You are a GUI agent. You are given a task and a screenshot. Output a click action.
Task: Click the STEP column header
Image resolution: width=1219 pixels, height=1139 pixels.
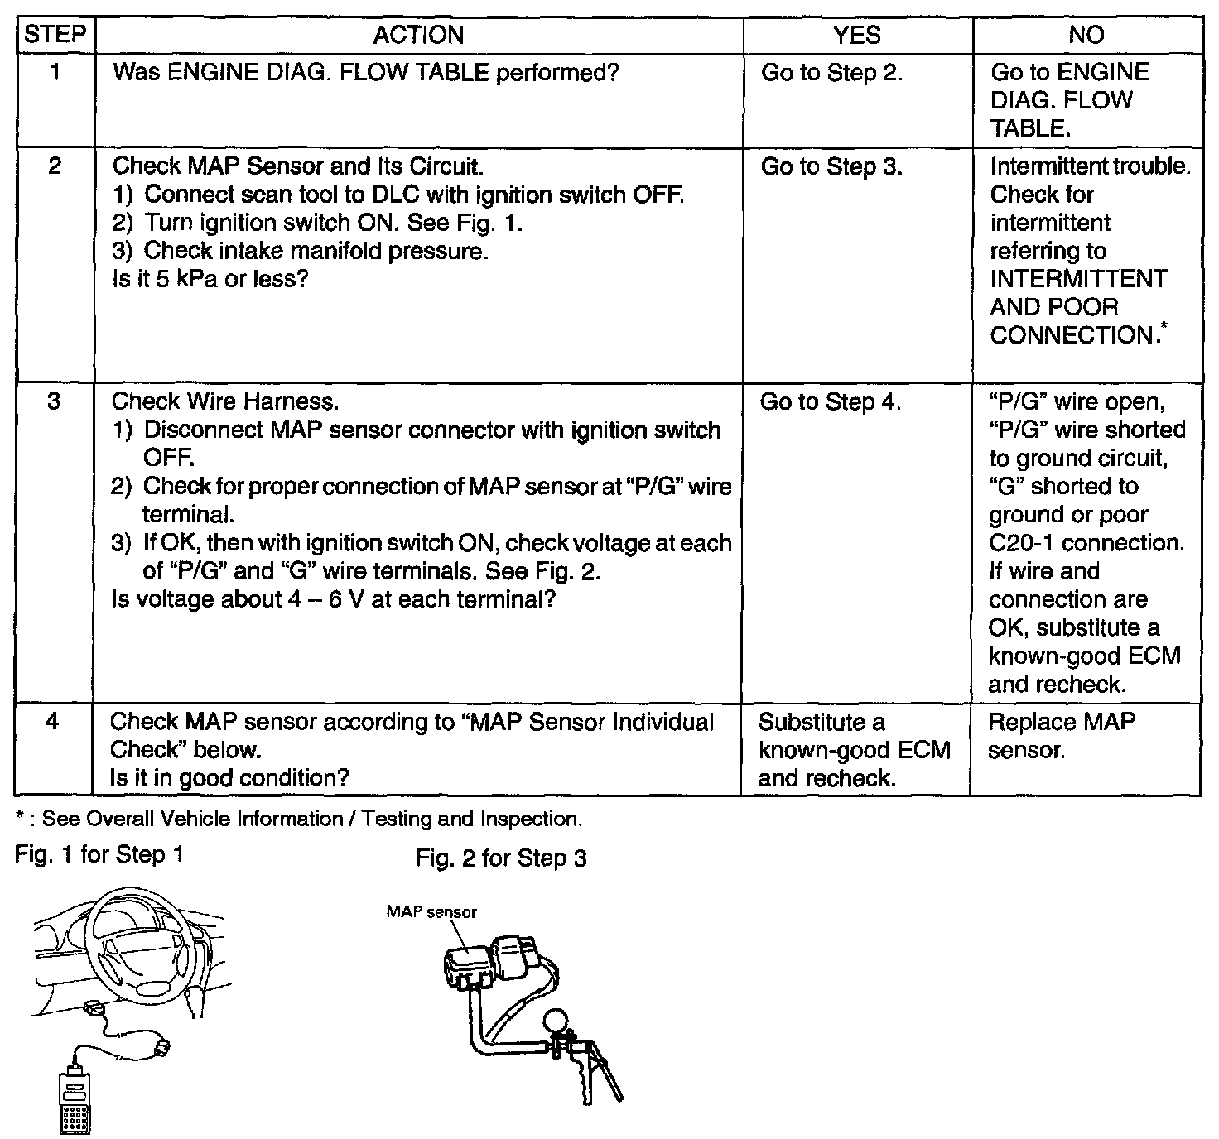[55, 35]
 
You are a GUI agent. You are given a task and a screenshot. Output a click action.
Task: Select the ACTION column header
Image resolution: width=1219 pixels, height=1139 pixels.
[418, 35]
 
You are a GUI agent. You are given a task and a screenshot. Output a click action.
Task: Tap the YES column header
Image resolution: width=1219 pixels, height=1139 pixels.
[856, 35]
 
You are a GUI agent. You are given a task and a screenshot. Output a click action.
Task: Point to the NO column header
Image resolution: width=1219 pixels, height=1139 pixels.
[1086, 35]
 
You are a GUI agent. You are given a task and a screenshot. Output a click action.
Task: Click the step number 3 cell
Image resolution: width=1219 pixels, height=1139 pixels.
[54, 401]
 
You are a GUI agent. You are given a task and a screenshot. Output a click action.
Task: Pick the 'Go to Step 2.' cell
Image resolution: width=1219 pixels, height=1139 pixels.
[831, 73]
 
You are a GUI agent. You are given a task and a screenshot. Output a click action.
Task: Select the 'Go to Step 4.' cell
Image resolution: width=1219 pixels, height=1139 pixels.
[830, 402]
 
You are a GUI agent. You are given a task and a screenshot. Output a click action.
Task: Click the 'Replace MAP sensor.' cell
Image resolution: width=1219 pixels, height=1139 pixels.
[1061, 736]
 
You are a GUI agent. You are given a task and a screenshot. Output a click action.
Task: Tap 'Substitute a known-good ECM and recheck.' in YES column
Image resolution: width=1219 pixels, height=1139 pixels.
[853, 750]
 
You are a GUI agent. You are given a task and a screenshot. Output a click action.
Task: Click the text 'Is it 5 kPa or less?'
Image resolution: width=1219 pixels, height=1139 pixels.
[210, 279]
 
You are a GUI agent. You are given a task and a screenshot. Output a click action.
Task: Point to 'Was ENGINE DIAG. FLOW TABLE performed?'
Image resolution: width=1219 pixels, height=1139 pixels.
[365, 73]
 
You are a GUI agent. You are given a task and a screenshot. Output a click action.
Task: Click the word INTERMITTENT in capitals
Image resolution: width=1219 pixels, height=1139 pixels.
[1078, 279]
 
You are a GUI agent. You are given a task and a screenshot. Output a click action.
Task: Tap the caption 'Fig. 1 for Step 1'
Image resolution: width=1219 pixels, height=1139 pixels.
[99, 854]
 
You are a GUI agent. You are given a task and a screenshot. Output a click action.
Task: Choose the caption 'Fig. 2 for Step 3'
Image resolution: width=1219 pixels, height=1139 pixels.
[501, 858]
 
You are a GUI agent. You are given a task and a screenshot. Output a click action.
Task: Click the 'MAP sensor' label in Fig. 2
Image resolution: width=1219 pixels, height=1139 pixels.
[431, 912]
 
